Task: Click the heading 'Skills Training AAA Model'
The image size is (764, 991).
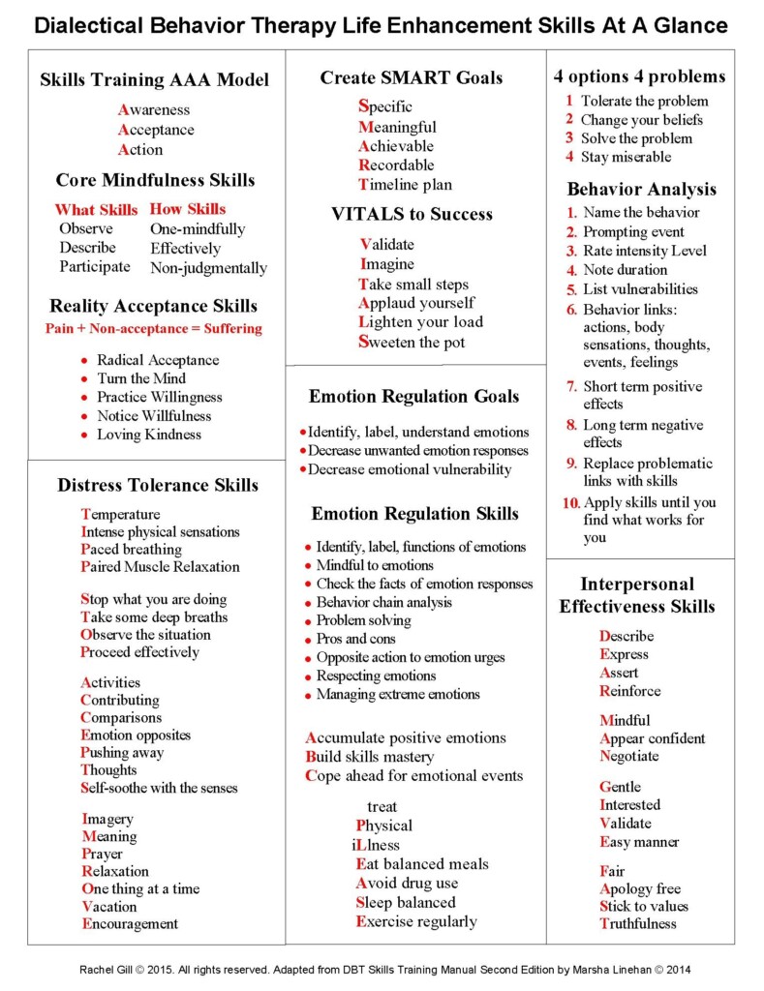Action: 154,80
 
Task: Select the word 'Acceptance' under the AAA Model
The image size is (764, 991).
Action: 156,130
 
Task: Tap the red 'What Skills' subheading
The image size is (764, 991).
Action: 96,209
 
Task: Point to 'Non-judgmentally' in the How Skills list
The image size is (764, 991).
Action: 208,268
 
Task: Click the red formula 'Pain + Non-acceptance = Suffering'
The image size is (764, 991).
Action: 154,328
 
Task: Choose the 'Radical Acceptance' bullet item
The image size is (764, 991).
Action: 158,360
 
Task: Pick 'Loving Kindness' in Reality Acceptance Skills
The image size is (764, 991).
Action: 149,435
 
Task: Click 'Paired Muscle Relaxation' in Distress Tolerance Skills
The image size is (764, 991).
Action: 160,566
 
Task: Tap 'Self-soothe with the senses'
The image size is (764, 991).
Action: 159,788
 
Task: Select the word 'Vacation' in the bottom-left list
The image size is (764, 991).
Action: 109,907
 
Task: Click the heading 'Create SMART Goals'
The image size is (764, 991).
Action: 412,78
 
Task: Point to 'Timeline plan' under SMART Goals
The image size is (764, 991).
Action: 405,185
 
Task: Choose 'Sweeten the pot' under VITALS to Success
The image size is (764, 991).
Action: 412,342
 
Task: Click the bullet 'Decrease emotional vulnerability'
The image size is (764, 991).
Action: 410,469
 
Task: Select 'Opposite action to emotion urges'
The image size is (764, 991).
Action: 411,657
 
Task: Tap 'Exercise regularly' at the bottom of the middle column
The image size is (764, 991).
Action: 416,921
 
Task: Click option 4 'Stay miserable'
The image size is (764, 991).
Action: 626,157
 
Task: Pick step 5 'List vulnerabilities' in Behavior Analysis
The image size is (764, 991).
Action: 640,289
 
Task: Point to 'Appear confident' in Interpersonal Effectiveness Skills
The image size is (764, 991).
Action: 653,738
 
